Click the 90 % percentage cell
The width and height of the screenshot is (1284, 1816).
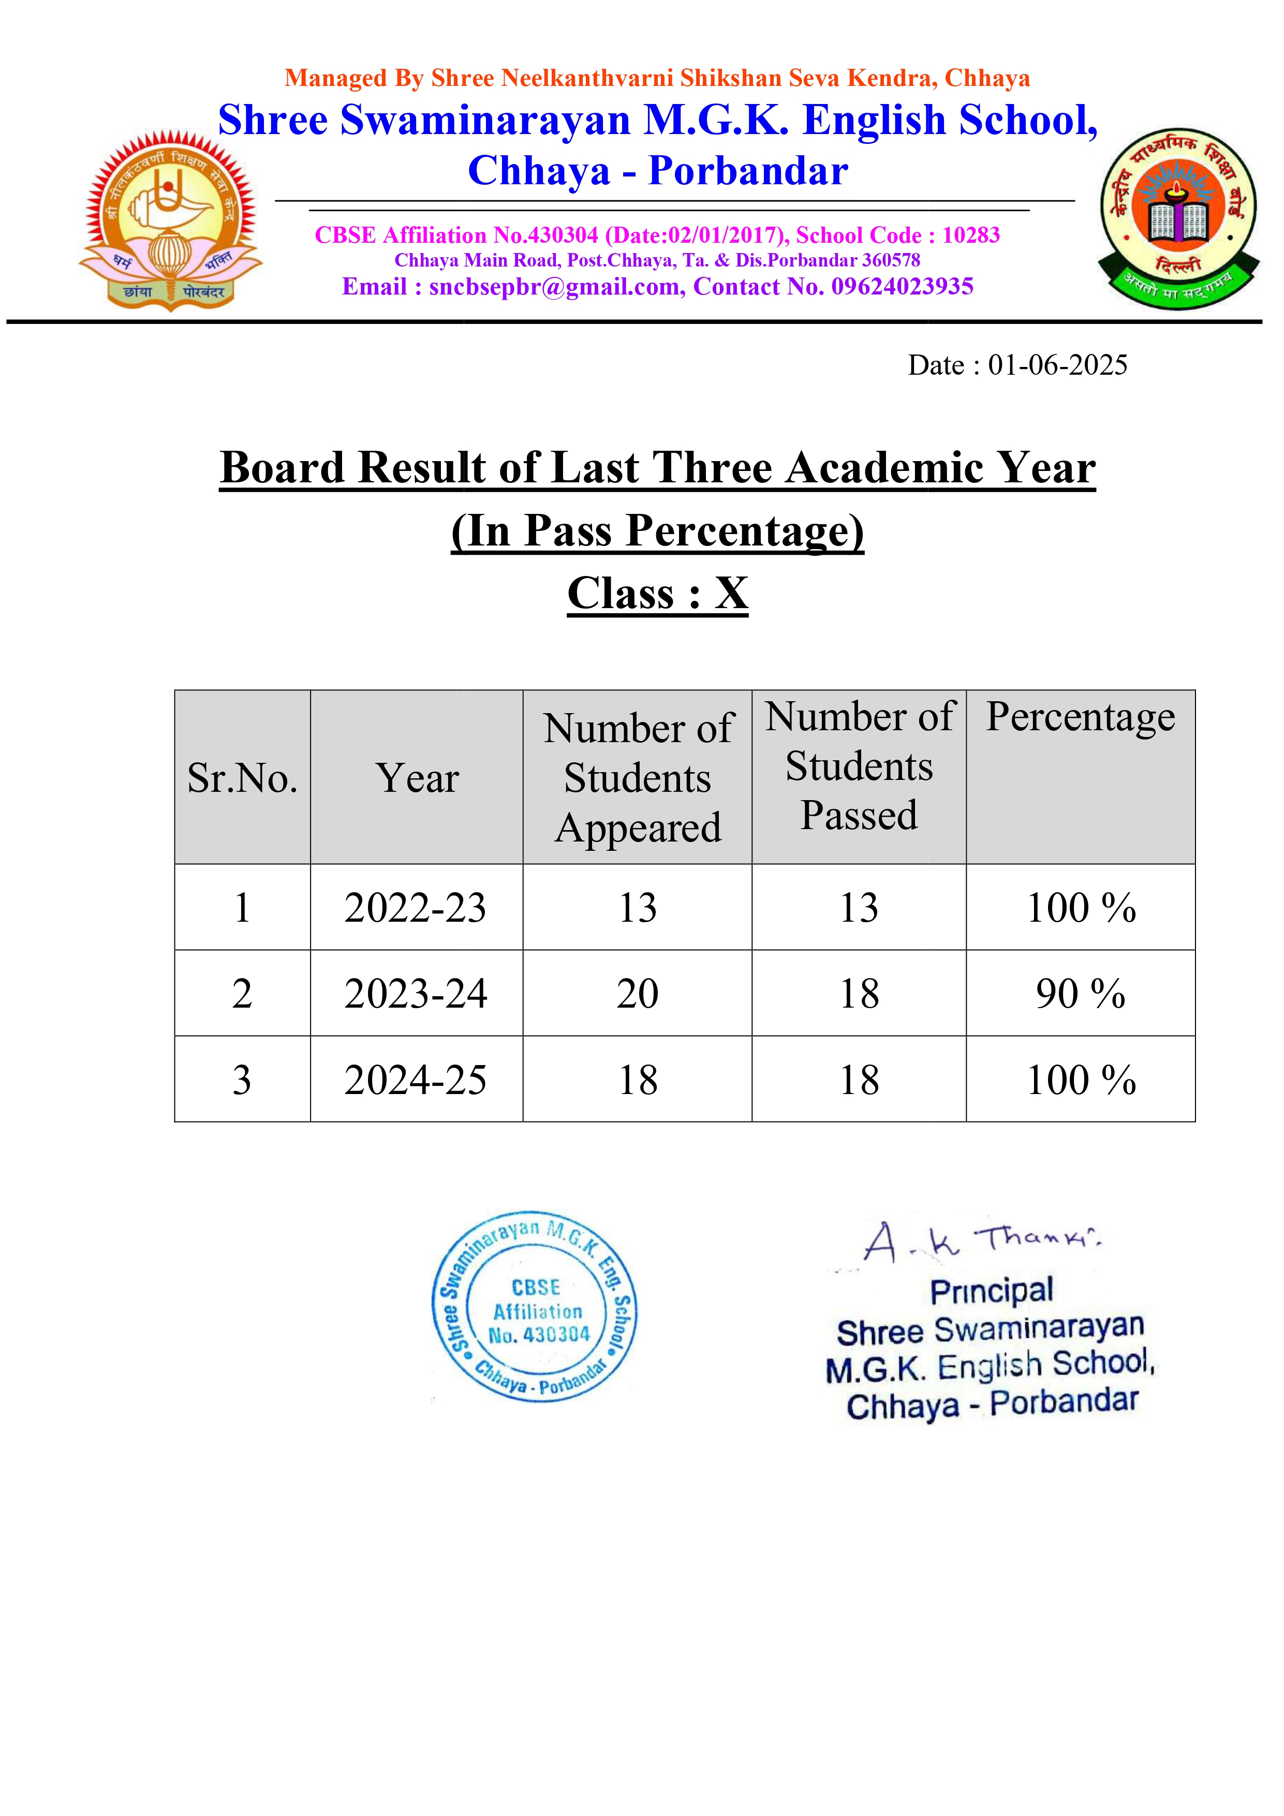[x=1080, y=994]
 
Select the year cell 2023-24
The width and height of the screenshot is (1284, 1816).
[x=416, y=994]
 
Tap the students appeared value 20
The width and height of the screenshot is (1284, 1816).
[x=637, y=994]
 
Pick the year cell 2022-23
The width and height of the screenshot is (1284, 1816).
[x=416, y=907]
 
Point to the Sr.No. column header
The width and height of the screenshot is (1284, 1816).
[x=242, y=778]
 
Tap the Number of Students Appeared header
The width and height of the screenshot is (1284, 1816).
[x=638, y=778]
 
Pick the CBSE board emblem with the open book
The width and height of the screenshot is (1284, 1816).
[x=1178, y=218]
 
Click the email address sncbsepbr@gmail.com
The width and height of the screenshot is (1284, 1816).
[x=557, y=286]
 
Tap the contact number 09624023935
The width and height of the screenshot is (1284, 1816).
[x=902, y=286]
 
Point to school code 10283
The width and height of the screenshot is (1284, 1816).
[x=971, y=235]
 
